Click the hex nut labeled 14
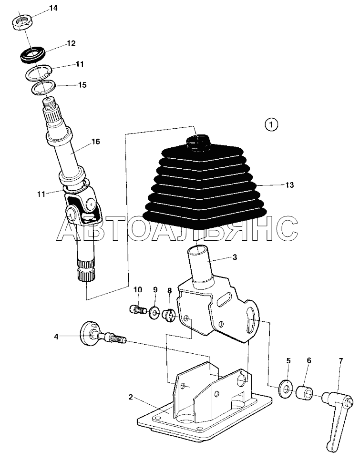(22, 22)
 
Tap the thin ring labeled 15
(43, 88)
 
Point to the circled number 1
(271, 124)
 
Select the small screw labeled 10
(137, 309)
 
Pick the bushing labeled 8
(169, 316)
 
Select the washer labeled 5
(285, 389)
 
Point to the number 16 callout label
(95, 142)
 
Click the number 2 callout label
(131, 397)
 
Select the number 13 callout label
(289, 185)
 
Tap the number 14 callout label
(53, 8)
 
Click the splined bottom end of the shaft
(86, 270)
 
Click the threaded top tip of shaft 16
(50, 103)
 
